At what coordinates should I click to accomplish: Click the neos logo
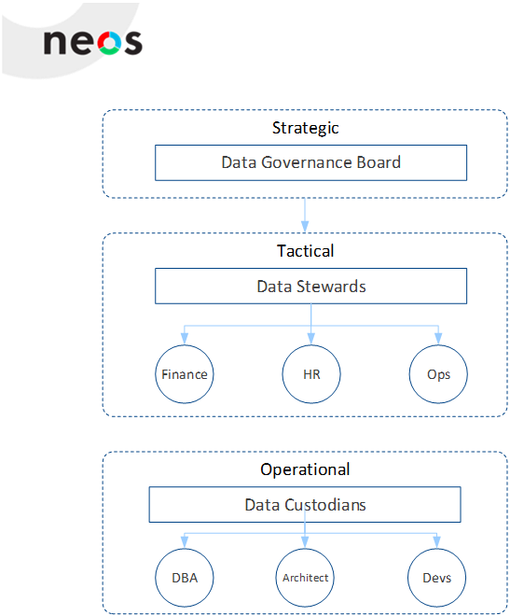(93, 42)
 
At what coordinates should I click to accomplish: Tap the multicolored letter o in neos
(109, 43)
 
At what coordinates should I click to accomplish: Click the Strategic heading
(305, 129)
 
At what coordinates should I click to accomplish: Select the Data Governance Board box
(310, 162)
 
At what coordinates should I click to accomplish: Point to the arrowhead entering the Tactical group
(305, 227)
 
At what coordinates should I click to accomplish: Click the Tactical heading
(305, 251)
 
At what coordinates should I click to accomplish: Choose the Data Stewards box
(310, 286)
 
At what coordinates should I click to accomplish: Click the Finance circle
(185, 374)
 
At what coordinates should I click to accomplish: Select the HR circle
(311, 374)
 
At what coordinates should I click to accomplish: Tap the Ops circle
(438, 374)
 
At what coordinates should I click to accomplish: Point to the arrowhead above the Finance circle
(185, 339)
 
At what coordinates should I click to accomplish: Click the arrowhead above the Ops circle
(438, 339)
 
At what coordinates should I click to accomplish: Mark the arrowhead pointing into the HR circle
(311, 339)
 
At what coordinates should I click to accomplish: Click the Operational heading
(305, 469)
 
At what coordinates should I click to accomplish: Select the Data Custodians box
(305, 504)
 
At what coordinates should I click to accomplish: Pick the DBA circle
(185, 578)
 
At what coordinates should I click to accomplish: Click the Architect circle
(305, 578)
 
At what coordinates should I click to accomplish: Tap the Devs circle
(436, 578)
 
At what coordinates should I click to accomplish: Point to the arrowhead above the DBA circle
(185, 542)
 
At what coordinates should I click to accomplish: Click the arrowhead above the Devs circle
(436, 542)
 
